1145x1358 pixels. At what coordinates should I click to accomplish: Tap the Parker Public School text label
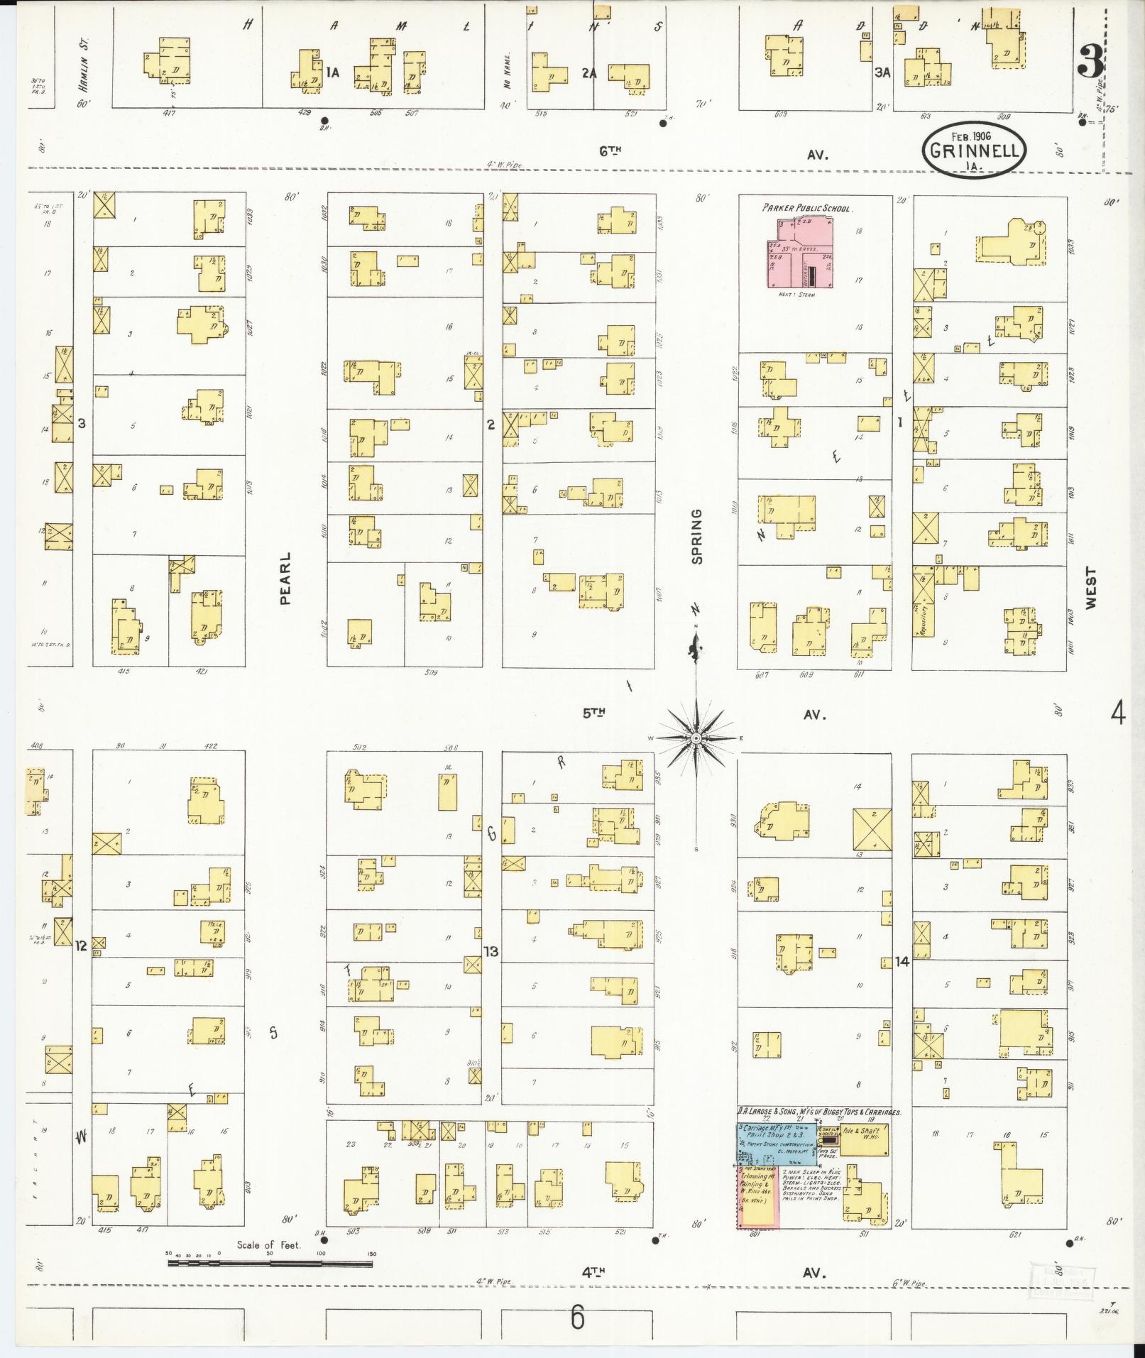click(x=808, y=209)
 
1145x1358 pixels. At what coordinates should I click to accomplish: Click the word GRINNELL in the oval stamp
click(x=975, y=151)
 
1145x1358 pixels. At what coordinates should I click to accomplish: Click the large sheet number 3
click(x=1090, y=62)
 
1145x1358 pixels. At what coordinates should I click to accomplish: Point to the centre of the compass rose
click(x=696, y=738)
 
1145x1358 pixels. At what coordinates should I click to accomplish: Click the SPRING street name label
click(x=696, y=536)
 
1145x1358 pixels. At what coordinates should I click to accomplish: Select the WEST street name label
click(x=1090, y=587)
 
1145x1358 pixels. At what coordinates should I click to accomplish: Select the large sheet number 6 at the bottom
click(x=577, y=1318)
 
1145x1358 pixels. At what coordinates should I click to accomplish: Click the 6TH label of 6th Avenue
click(x=610, y=150)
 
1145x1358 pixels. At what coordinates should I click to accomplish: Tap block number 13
click(x=491, y=951)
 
